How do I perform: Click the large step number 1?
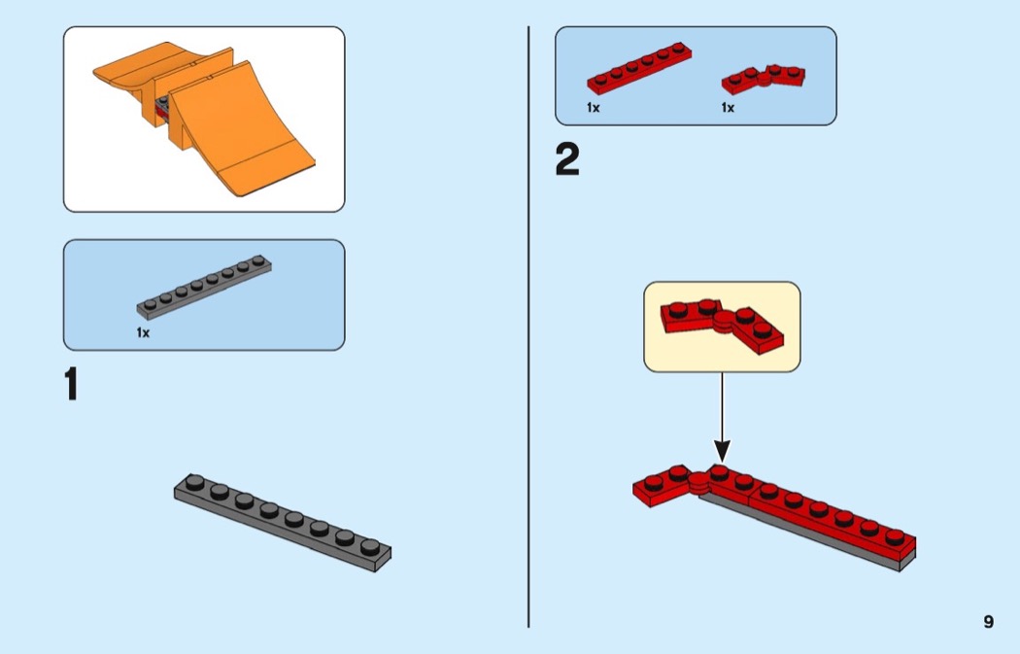(x=70, y=385)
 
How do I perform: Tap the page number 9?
(x=988, y=622)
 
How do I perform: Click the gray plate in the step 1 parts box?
(x=204, y=287)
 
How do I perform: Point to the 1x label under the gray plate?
(x=143, y=332)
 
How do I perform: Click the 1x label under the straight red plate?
(x=593, y=108)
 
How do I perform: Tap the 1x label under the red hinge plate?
(x=728, y=108)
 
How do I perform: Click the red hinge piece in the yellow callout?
(x=723, y=325)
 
